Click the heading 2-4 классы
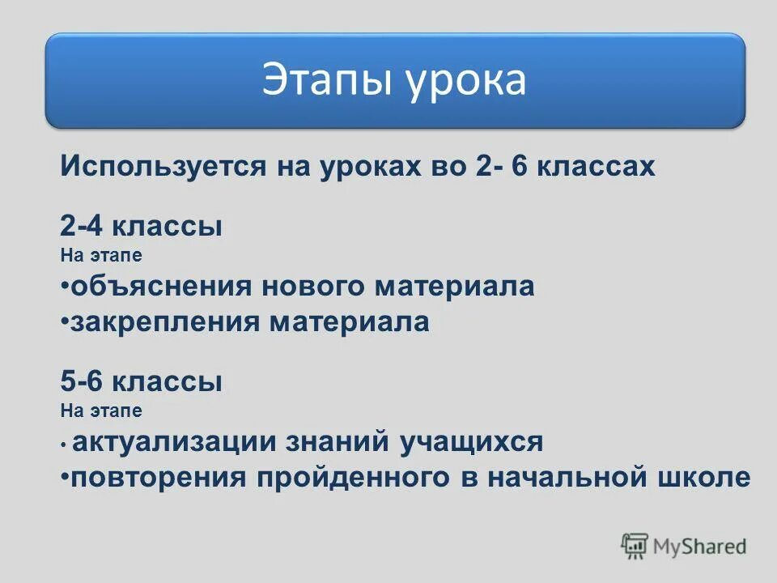tap(142, 226)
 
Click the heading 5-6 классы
tap(142, 381)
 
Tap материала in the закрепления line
tap(350, 322)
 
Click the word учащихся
tap(470, 442)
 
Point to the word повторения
tap(159, 478)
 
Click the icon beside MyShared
tap(635, 547)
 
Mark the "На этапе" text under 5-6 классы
tap(101, 411)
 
